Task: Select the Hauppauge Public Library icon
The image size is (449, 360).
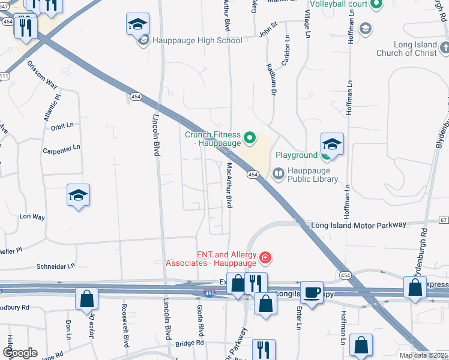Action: click(278, 175)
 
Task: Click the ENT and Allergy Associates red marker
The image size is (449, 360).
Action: click(265, 259)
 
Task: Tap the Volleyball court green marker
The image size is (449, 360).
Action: click(376, 5)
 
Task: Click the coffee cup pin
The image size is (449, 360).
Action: click(312, 293)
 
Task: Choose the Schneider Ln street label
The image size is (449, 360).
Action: click(56, 265)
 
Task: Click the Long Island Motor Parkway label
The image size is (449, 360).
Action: click(358, 225)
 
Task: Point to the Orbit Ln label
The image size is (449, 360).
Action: click(62, 125)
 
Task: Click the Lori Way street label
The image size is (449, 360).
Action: click(32, 216)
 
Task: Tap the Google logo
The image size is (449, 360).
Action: click(20, 353)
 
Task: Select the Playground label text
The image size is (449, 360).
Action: click(297, 155)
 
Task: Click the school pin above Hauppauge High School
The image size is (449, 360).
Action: click(137, 25)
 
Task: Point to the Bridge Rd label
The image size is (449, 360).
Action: click(191, 343)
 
